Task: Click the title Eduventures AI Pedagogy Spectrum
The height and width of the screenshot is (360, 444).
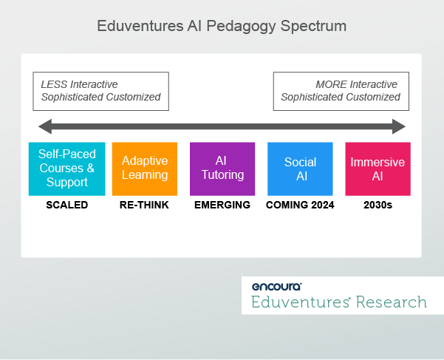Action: (x=222, y=26)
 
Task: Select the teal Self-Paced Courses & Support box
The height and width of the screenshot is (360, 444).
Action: (x=66, y=169)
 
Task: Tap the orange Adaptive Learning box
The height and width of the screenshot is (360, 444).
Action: (x=145, y=169)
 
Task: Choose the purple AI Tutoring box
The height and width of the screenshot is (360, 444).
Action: (x=222, y=169)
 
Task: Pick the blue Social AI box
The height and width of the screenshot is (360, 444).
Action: (x=300, y=169)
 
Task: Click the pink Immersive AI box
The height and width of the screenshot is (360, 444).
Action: (x=378, y=169)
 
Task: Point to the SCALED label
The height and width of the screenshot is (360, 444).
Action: (x=66, y=205)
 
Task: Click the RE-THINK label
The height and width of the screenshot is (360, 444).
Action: (x=144, y=205)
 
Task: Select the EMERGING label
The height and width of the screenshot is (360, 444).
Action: (x=222, y=205)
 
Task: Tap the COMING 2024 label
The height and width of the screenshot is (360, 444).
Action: (x=300, y=205)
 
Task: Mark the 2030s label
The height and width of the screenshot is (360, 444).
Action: (x=378, y=205)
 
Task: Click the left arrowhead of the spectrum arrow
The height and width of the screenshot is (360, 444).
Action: (x=44, y=125)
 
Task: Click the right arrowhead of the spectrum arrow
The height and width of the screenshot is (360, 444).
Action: (x=400, y=125)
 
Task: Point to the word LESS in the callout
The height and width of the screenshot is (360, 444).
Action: (x=54, y=84)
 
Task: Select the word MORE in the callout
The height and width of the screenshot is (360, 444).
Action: (x=330, y=84)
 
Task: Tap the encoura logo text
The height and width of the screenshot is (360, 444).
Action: (x=276, y=286)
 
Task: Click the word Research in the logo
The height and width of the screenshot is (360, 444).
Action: (x=391, y=302)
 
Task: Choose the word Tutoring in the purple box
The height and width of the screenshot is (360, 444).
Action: (x=222, y=175)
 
